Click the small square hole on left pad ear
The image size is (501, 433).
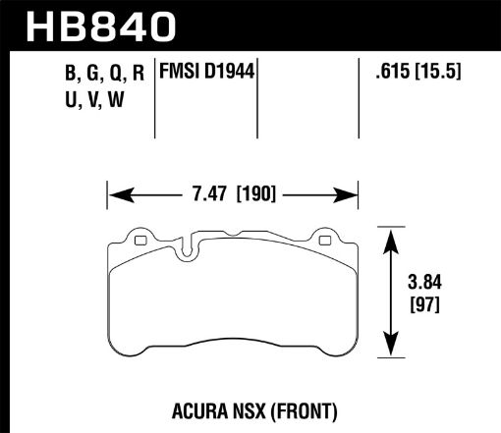coord(138,241)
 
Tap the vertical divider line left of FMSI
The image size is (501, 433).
coord(158,98)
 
